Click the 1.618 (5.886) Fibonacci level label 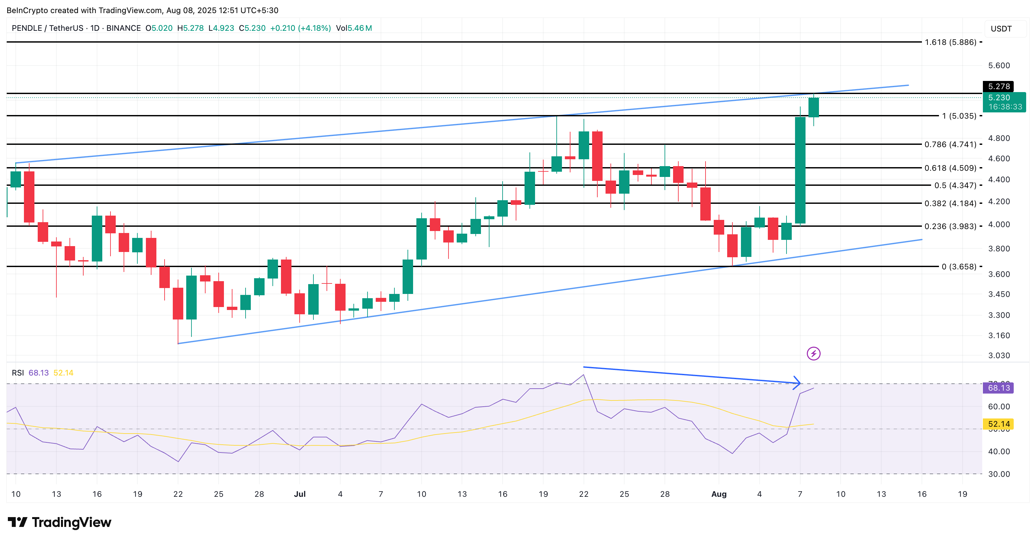point(950,42)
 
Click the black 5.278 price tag point(998,87)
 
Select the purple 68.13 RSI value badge point(998,388)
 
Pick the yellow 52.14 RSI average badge point(998,424)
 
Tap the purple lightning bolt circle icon point(813,354)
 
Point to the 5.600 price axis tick point(999,66)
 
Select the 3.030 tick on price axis point(999,356)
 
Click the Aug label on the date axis point(719,494)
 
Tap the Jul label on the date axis point(300,494)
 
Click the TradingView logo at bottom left point(60,522)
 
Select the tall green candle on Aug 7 point(800,170)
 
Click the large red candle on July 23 point(597,156)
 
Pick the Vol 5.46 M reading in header point(354,28)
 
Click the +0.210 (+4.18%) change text point(300,28)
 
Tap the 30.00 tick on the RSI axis point(999,474)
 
